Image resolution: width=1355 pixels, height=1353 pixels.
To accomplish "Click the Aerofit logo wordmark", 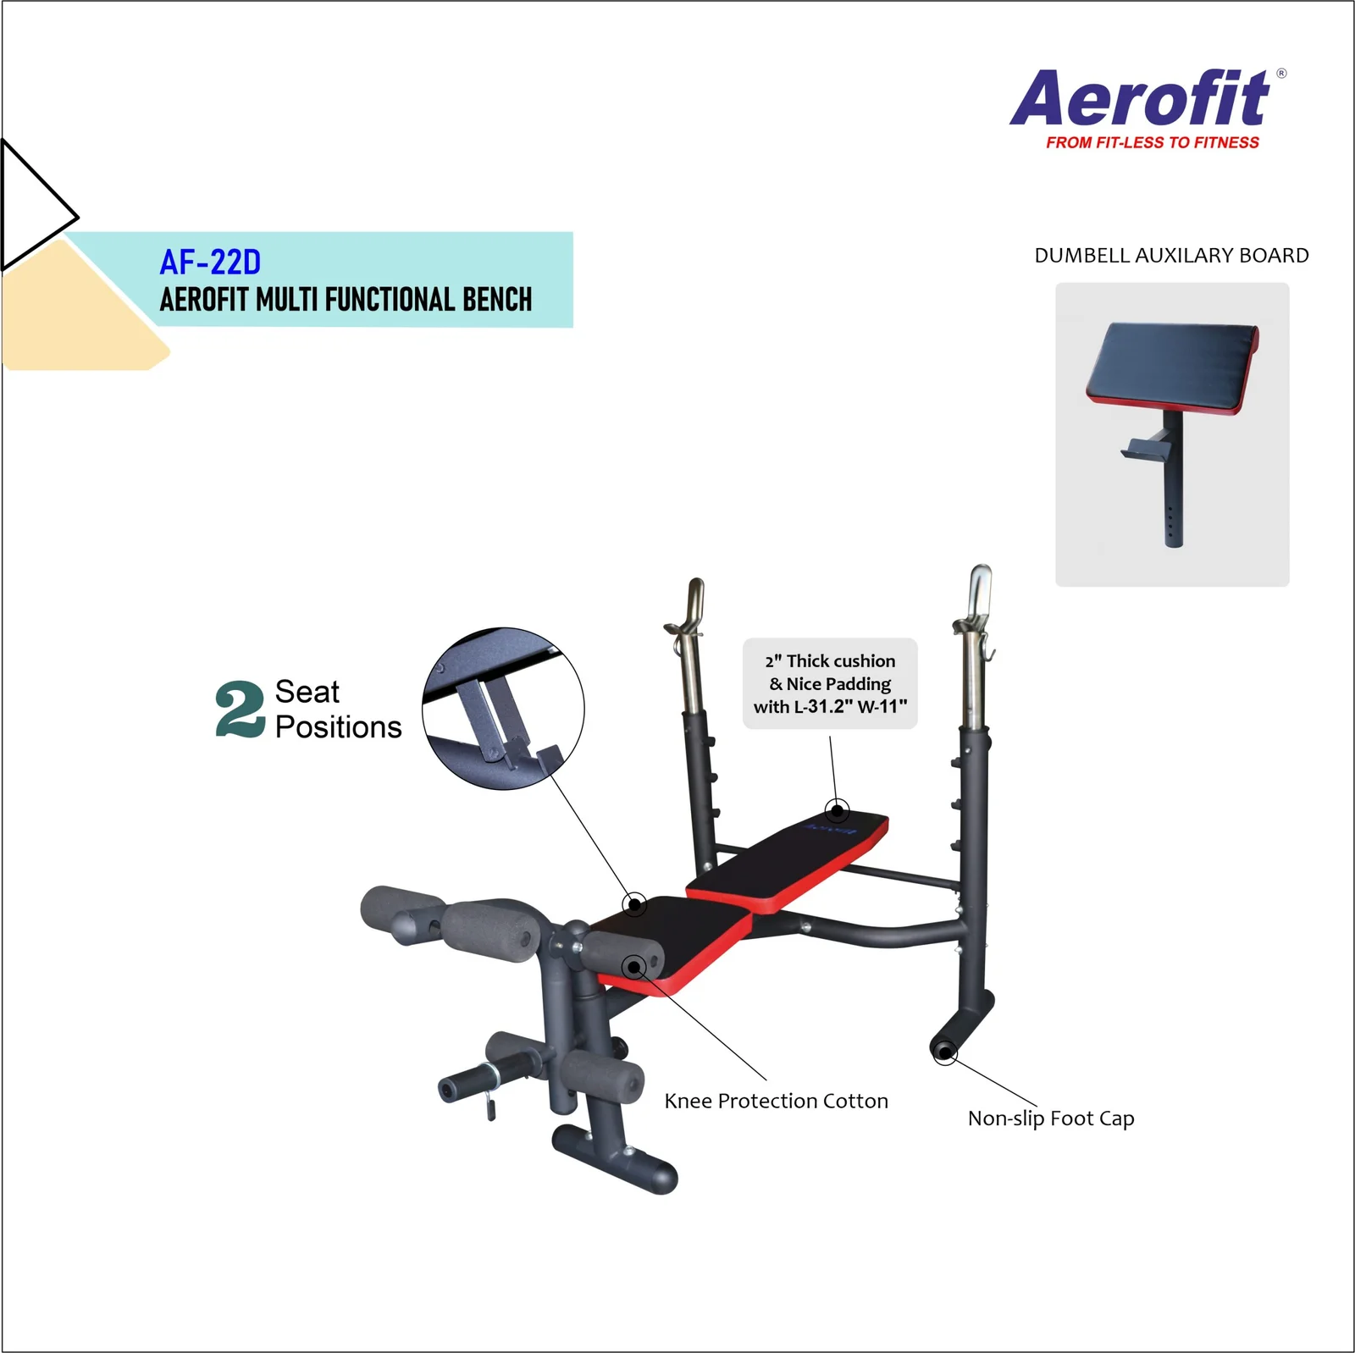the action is (1140, 98).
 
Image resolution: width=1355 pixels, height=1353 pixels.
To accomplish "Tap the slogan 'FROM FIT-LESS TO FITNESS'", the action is (1153, 142).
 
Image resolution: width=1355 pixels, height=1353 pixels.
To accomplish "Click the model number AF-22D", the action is (210, 262).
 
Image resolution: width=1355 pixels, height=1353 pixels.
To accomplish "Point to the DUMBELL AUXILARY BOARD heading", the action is (1171, 256).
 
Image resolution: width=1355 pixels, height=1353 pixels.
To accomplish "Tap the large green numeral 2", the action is (241, 709).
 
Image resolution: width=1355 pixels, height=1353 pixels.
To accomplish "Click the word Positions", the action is (339, 726).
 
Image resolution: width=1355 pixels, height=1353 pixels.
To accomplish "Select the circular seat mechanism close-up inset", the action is (503, 709).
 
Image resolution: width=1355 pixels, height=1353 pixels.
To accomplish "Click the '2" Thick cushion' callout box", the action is (830, 683).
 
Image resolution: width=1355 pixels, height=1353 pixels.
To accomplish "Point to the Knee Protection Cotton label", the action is (777, 1101).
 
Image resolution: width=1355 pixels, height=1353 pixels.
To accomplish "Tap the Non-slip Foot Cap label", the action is (1051, 1118).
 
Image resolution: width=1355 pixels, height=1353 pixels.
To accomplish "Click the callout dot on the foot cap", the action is (945, 1052).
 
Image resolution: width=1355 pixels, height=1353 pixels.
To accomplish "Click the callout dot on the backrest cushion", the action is (838, 811).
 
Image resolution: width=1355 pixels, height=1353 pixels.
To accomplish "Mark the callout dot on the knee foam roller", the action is (633, 966).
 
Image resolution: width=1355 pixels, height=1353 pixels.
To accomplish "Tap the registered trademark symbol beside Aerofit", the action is (1281, 74).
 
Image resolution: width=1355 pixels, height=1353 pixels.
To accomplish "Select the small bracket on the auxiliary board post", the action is (1146, 449).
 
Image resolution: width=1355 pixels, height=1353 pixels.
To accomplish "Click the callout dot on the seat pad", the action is (634, 904).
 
